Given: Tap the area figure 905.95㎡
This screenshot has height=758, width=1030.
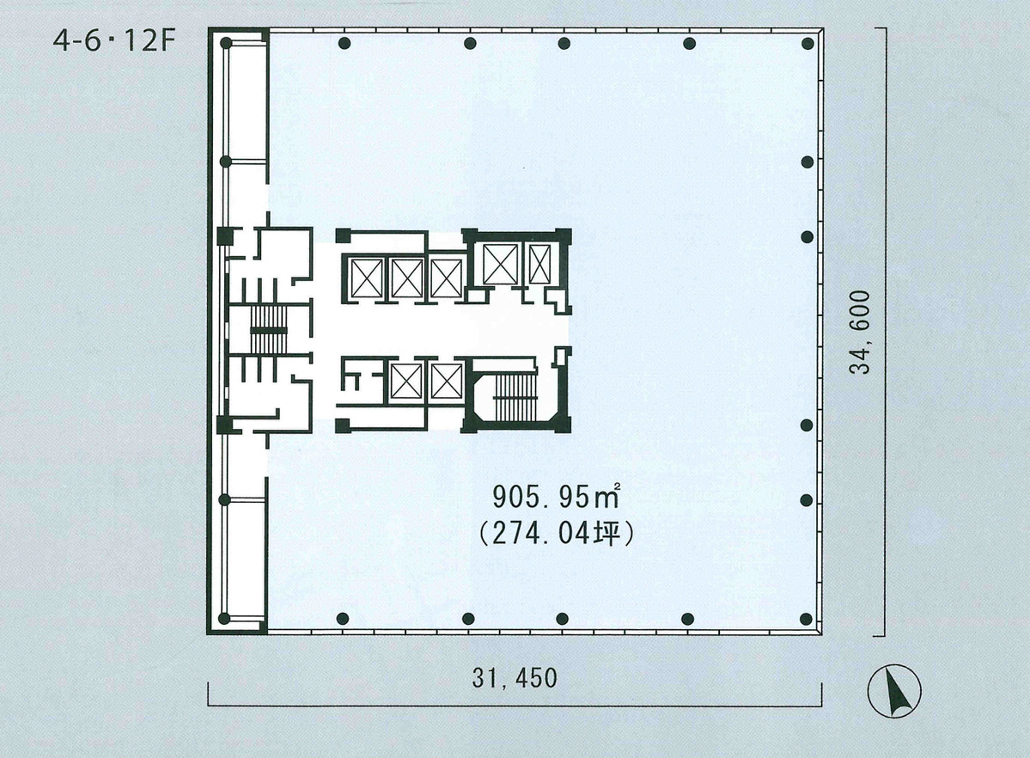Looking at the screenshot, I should [556, 497].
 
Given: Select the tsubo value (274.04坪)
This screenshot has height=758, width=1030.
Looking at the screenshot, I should [556, 535].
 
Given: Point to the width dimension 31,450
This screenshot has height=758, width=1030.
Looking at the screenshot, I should [515, 678].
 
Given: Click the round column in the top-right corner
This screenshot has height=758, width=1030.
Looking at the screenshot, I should [807, 44].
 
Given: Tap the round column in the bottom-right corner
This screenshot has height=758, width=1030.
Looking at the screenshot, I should [807, 619].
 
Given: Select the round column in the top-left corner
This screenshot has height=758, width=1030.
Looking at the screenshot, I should [225, 43].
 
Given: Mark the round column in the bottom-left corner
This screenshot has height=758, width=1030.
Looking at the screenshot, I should [224, 619].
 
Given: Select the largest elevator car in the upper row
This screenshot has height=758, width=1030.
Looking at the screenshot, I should [500, 263].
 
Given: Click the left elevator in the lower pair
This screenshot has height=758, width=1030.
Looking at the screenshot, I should [405, 381].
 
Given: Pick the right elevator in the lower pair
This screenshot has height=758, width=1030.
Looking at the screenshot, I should [446, 381].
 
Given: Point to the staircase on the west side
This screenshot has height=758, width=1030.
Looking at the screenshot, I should [267, 331].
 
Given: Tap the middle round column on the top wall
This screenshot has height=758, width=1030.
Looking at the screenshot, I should [564, 44].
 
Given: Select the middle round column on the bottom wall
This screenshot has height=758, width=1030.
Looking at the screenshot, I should [563, 619].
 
